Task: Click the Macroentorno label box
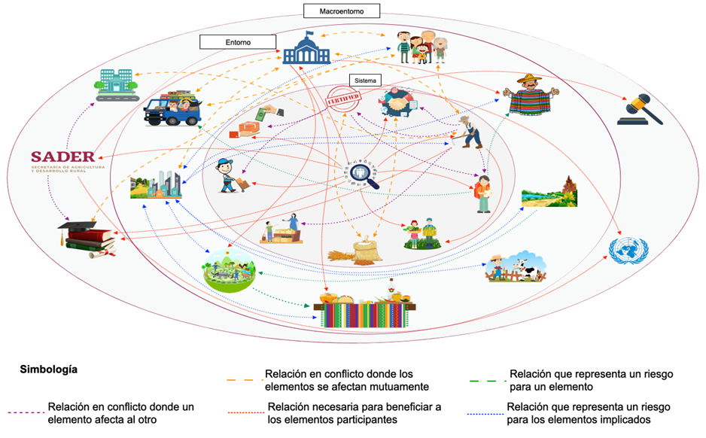[x=342, y=11]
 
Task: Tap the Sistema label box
[x=364, y=79]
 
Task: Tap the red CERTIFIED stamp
[x=345, y=100]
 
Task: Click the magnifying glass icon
[x=365, y=174]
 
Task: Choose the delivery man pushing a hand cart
[x=230, y=176]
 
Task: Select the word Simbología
[x=48, y=370]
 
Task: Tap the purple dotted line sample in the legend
[x=25, y=412]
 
